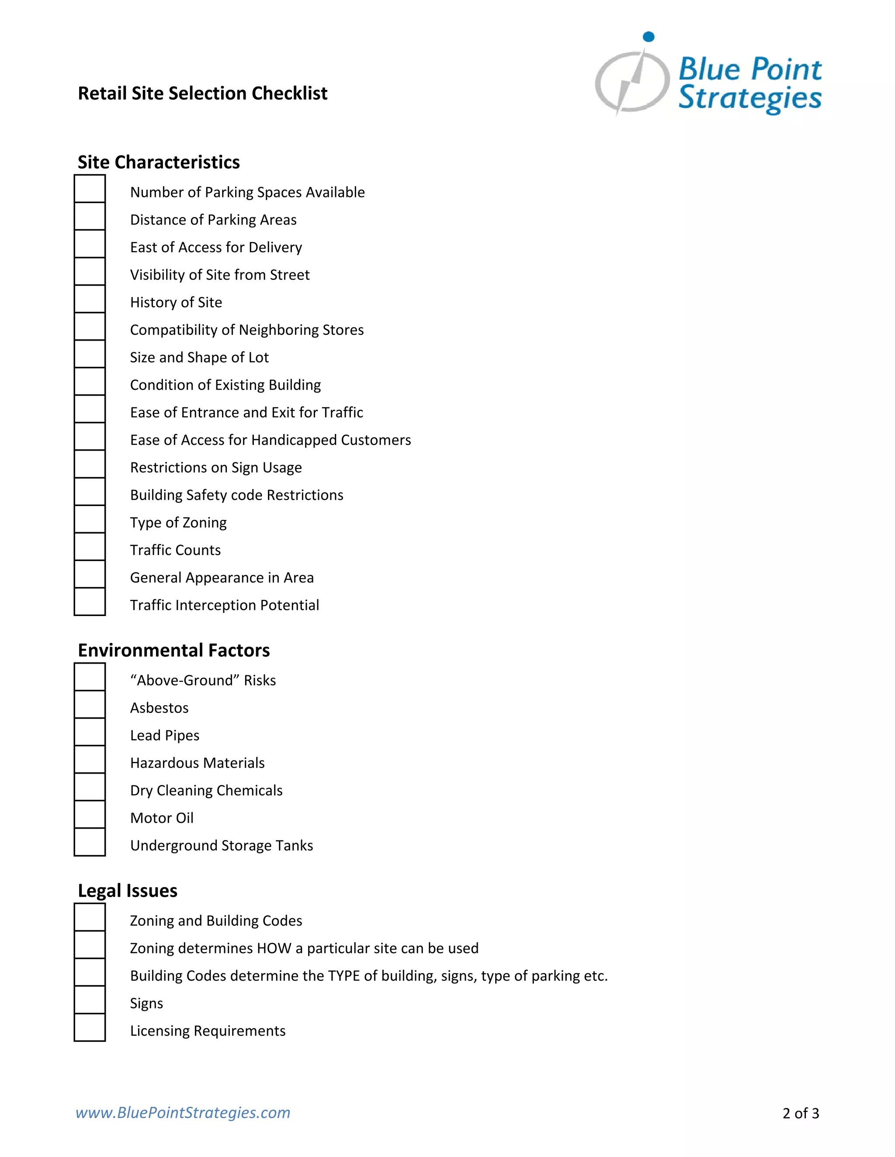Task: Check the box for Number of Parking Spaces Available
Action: (90, 189)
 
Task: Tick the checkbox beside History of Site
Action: (90, 299)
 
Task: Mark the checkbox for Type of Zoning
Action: (90, 519)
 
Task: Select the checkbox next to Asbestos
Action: (90, 705)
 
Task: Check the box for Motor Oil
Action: (90, 815)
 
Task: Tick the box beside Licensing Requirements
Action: (90, 1028)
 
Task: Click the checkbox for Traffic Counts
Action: (90, 547)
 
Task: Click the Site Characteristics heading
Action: (159, 162)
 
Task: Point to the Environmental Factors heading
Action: (173, 651)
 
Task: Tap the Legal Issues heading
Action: (127, 891)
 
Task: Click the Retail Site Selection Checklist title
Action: (202, 93)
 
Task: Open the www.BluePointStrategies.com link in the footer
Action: (183, 1112)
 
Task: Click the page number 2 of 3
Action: (801, 1113)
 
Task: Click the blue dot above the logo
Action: (649, 37)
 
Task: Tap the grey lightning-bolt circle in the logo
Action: (632, 82)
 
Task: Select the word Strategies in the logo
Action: (750, 99)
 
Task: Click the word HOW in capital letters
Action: (274, 948)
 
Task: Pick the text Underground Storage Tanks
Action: (222, 846)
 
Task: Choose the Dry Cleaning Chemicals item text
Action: (206, 790)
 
